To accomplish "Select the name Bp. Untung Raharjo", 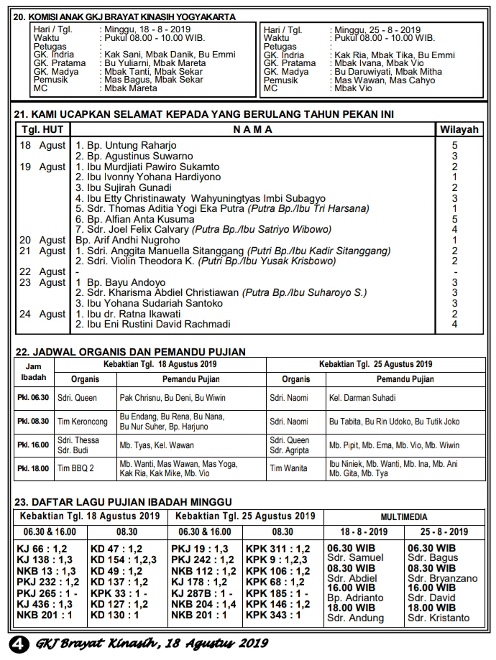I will (x=122, y=145).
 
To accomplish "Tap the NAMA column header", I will (x=252, y=129).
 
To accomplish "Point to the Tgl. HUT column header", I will (x=42, y=129).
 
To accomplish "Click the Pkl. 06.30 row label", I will (x=33, y=397).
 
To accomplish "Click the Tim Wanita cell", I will (x=288, y=468).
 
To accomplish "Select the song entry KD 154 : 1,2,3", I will (x=123, y=559).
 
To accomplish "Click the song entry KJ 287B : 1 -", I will (x=202, y=594).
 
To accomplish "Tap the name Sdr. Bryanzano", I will (x=442, y=578).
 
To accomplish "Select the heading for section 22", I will (x=130, y=352).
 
